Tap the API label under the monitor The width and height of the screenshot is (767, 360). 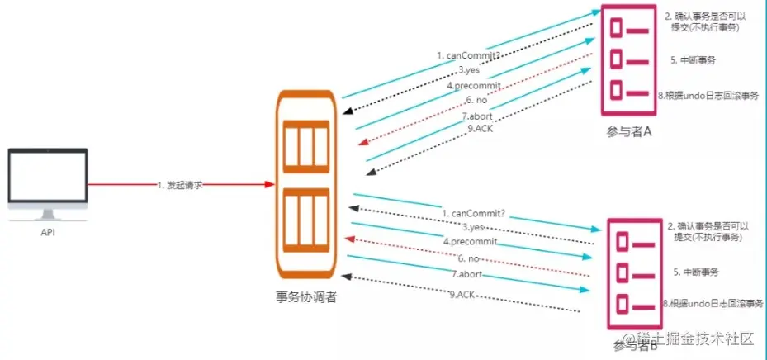tap(47, 233)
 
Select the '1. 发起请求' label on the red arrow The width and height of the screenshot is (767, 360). tap(179, 185)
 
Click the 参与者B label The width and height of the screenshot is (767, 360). tap(635, 344)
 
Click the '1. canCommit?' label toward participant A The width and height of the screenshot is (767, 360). tap(464, 55)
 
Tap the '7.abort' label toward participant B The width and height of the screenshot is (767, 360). tap(467, 272)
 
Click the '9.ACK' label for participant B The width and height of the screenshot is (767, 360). tap(464, 294)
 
